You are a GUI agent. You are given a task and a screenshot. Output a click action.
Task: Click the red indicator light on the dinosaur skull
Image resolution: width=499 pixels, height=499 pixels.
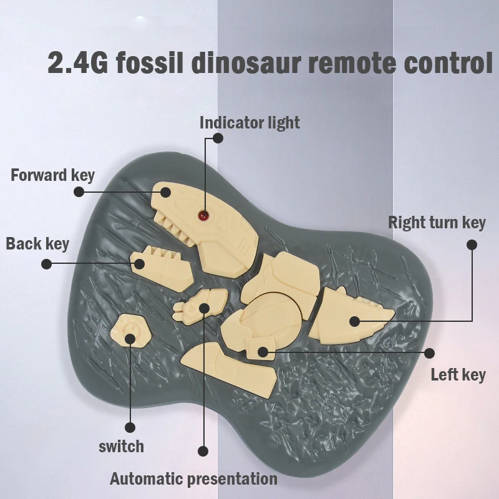click(203, 216)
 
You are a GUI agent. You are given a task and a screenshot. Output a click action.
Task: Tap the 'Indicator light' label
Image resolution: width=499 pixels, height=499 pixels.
click(249, 122)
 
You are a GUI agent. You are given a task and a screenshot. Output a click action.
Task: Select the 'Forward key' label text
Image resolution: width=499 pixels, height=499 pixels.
click(53, 175)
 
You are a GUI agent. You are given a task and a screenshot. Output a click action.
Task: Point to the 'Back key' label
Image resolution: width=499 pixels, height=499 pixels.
click(37, 243)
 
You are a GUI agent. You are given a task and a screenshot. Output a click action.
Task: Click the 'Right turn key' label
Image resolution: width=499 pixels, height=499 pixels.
click(437, 223)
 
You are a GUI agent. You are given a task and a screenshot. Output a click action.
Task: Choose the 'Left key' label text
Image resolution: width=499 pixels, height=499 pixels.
click(458, 375)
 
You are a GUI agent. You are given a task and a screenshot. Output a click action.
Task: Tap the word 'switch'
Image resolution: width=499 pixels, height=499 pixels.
click(121, 447)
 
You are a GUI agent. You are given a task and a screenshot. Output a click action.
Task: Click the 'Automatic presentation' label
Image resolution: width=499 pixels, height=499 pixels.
click(193, 479)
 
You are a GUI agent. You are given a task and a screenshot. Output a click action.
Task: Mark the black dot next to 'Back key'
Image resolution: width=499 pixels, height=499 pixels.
click(46, 264)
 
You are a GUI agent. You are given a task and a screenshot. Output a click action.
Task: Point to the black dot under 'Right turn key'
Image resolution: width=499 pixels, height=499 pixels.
click(472, 245)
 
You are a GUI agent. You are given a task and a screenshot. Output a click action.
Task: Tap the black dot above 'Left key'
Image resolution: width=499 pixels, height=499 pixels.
click(429, 353)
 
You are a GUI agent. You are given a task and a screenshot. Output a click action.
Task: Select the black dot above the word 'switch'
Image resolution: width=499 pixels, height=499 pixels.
click(130, 428)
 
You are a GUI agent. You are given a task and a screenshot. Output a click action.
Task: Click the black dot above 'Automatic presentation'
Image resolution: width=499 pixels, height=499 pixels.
click(202, 450)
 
